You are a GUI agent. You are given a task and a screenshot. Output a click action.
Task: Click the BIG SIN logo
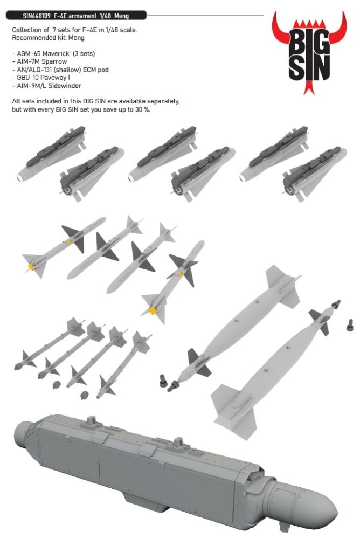click(x=309, y=52)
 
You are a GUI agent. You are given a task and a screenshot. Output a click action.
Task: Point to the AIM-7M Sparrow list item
click(x=39, y=61)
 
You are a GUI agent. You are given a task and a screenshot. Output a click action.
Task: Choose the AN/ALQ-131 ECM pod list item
click(x=60, y=70)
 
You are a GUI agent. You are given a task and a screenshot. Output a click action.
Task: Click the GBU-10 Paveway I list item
click(x=41, y=78)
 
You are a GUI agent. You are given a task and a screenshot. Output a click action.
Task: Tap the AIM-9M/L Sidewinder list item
click(x=46, y=86)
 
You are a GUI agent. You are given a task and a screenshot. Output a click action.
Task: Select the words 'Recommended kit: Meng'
click(x=48, y=38)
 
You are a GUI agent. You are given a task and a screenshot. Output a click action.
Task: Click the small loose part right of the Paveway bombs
click(x=350, y=325)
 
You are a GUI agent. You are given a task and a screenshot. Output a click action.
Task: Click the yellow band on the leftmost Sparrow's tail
click(x=31, y=266)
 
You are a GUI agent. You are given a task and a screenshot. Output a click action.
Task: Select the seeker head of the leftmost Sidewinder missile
click(x=17, y=367)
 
